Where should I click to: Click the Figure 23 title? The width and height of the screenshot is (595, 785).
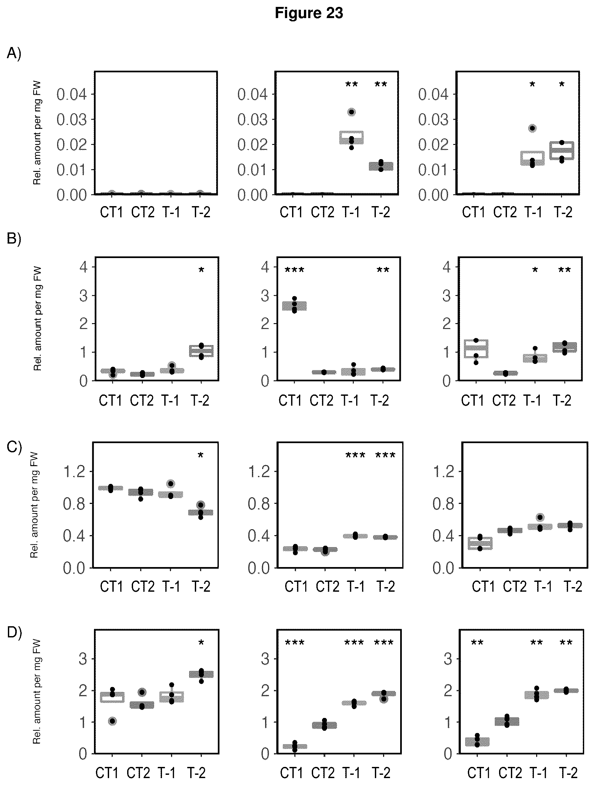pos(309,13)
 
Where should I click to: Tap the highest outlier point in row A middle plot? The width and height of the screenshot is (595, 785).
pos(352,112)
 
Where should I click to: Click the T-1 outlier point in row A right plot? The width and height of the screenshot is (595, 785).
pos(532,128)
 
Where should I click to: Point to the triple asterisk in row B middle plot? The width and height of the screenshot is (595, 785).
pos(295,271)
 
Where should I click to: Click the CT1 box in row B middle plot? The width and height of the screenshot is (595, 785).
pos(294,306)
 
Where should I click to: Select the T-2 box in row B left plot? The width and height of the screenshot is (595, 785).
pos(201,351)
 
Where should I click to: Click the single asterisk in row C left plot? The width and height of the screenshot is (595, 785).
pos(200,456)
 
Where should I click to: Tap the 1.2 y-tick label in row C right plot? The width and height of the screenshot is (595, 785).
pos(444,472)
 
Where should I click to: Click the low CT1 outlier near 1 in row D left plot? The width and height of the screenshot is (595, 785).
pos(112,721)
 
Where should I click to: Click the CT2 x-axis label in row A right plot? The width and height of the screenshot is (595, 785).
pos(505,212)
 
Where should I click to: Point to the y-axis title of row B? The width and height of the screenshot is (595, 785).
pos(37,319)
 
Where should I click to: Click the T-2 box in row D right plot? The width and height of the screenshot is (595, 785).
pos(566,691)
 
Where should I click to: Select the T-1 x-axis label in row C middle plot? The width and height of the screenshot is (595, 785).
pos(355,587)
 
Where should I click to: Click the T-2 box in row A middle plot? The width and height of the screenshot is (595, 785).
pos(381,166)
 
